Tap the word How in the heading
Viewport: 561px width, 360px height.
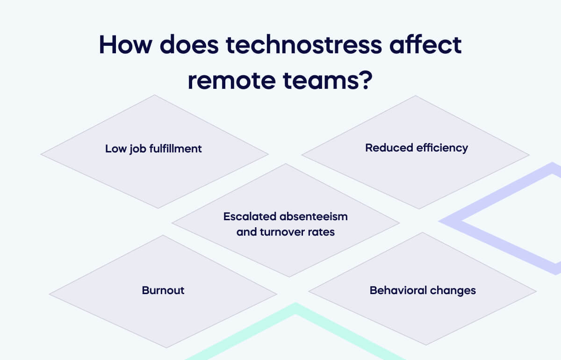coord(122,45)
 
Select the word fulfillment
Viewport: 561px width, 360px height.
coord(175,149)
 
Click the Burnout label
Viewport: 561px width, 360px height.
coord(163,290)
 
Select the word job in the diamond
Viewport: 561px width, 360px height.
coord(134,149)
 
